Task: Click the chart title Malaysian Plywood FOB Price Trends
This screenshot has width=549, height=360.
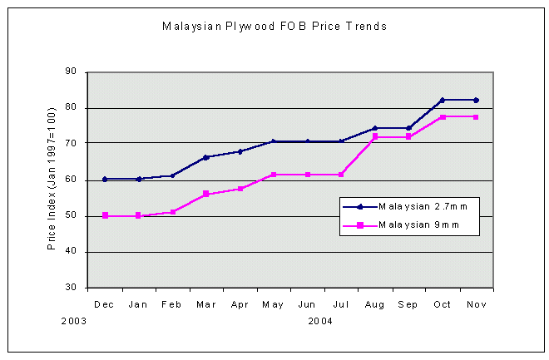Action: point(274,27)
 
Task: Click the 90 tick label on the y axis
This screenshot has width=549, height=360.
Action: point(70,72)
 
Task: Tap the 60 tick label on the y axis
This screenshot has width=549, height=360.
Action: point(70,180)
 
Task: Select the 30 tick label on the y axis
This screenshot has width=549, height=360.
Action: point(70,288)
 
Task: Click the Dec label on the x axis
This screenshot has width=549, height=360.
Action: point(105,304)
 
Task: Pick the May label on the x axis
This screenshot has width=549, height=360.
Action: point(273,304)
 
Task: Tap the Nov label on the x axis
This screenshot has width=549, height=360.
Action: point(476,304)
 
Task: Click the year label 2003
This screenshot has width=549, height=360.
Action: point(73,319)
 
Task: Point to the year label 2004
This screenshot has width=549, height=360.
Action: point(321,319)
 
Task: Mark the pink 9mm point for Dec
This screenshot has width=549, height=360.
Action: point(105,215)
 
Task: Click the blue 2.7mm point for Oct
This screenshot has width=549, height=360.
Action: point(442,100)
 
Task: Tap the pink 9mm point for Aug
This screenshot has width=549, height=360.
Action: point(374,136)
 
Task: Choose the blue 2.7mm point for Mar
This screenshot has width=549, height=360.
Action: point(205,157)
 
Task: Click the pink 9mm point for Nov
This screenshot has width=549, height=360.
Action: point(476,116)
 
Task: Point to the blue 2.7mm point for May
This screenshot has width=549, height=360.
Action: point(273,141)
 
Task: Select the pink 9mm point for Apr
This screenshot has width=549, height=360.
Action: point(240,189)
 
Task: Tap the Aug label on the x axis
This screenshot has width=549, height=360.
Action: point(374,304)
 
